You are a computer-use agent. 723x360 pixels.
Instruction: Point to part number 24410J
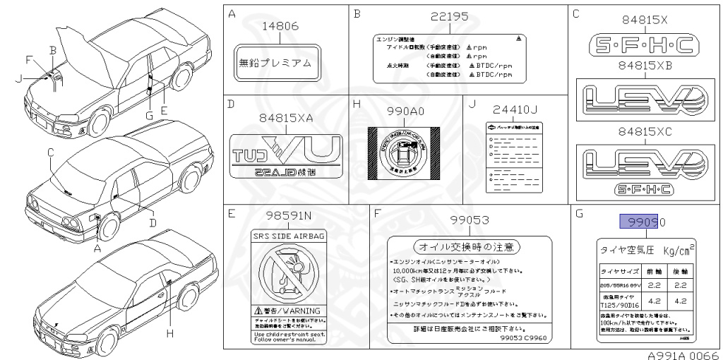point(515,109)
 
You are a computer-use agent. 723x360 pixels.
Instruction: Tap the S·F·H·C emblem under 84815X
point(640,47)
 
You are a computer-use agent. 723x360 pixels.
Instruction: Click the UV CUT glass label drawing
point(287,152)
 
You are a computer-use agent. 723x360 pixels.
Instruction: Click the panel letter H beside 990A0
point(357,104)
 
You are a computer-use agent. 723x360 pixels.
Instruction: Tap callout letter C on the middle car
point(51,152)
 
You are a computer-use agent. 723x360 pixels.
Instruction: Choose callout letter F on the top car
point(28,59)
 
